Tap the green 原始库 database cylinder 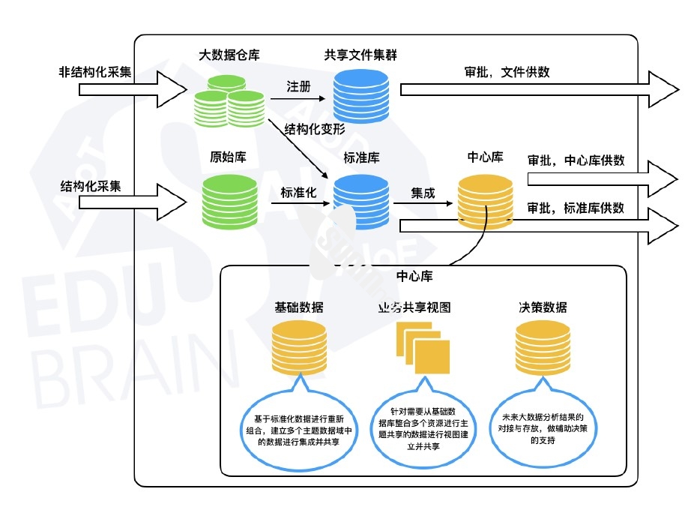click(230, 201)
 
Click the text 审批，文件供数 click(507, 72)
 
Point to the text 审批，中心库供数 click(576, 160)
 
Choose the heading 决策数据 click(543, 307)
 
